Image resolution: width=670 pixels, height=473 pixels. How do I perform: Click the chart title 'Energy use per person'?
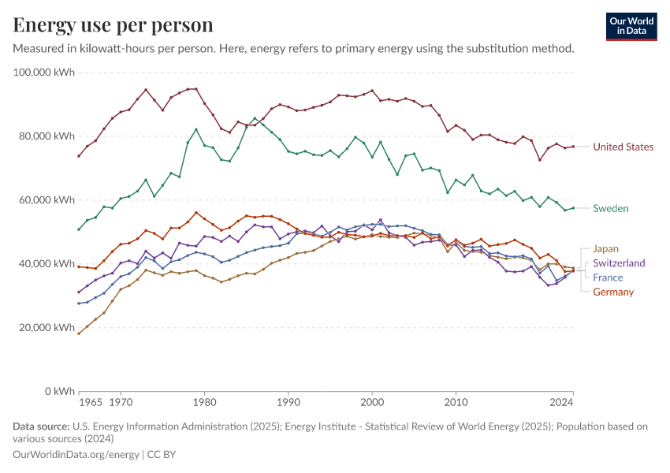pyautogui.click(x=113, y=24)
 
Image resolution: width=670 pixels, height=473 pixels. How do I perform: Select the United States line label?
pyautogui.click(x=623, y=147)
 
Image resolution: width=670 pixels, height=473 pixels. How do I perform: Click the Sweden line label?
pyautogui.click(x=610, y=208)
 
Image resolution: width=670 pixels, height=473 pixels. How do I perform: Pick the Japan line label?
pyautogui.click(x=605, y=248)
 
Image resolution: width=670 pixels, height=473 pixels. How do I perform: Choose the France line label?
pyautogui.click(x=608, y=277)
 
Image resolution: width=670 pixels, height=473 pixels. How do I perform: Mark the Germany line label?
pyautogui.click(x=613, y=292)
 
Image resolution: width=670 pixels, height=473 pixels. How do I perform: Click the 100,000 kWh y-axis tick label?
pyautogui.click(x=45, y=73)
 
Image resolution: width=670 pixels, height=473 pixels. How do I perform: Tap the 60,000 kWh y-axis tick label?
pyautogui.click(x=48, y=200)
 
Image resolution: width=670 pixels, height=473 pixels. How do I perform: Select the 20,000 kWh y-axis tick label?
pyautogui.click(x=48, y=327)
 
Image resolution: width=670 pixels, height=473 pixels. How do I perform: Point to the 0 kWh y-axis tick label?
pyautogui.click(x=59, y=391)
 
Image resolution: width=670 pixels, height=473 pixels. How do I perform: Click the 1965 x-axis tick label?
pyautogui.click(x=91, y=403)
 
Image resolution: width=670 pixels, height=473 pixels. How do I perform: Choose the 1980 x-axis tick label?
pyautogui.click(x=204, y=403)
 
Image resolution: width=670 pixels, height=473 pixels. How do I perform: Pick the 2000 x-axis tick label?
pyautogui.click(x=372, y=403)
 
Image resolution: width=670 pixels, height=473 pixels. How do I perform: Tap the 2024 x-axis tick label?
pyautogui.click(x=561, y=403)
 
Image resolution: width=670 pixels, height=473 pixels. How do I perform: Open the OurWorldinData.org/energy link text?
pyautogui.click(x=76, y=455)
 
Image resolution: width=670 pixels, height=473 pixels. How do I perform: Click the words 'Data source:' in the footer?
pyautogui.click(x=41, y=426)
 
